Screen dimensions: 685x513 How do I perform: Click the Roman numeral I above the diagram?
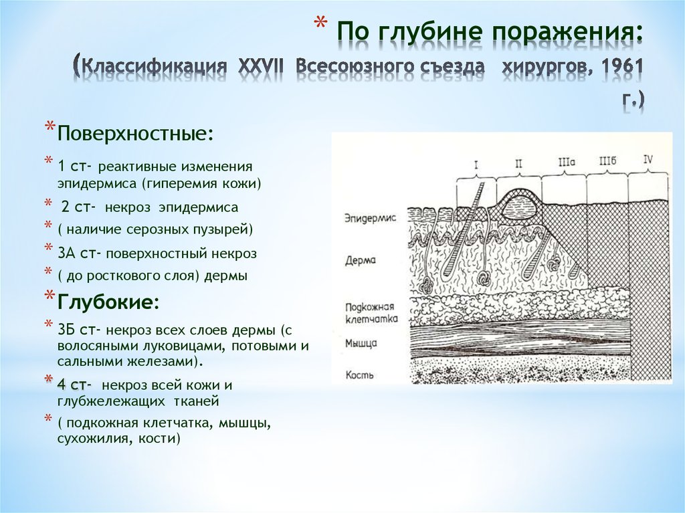(476, 165)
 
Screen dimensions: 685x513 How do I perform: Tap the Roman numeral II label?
(519, 164)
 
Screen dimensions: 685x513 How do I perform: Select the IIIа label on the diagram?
(567, 162)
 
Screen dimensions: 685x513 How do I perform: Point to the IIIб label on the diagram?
(607, 161)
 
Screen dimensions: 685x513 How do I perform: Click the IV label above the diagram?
(648, 159)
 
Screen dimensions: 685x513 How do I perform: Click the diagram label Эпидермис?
(370, 217)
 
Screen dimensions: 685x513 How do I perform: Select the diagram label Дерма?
(361, 260)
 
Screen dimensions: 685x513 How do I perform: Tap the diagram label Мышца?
(361, 343)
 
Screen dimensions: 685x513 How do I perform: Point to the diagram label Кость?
(359, 375)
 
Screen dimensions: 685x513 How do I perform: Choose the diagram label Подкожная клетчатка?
(371, 313)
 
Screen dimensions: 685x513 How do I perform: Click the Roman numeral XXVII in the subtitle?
(261, 66)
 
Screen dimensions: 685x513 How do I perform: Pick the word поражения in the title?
(568, 33)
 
